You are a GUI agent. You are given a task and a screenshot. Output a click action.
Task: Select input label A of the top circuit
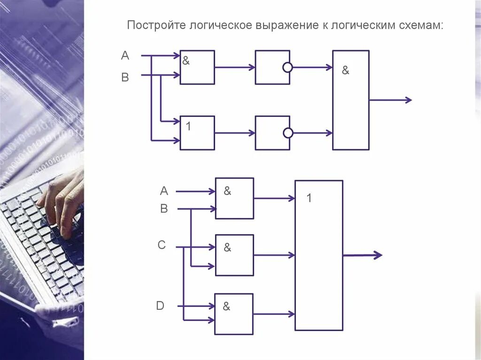(x=125, y=56)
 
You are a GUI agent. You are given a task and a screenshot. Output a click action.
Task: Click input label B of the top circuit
(x=125, y=77)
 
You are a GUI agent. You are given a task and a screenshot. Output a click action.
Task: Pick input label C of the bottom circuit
(x=162, y=245)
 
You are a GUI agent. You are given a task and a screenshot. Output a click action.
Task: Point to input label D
(x=160, y=306)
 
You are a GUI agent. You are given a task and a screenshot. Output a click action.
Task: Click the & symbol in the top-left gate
(x=186, y=61)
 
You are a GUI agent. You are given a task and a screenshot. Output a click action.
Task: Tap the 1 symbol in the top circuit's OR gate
(x=188, y=126)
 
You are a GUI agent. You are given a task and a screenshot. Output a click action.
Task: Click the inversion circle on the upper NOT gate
(x=287, y=68)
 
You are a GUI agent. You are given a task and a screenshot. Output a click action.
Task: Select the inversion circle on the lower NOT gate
(x=288, y=133)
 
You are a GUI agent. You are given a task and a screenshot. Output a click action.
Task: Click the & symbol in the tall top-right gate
(x=346, y=71)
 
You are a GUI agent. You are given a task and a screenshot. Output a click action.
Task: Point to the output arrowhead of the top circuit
(x=408, y=100)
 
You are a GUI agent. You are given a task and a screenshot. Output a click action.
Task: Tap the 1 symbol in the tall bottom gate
(x=309, y=198)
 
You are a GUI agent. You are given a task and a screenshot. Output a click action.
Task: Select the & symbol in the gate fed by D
(x=226, y=306)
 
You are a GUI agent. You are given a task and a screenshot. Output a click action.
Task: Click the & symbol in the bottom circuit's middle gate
(x=227, y=247)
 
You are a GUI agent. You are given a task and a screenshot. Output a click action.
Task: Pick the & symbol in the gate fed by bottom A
(x=227, y=191)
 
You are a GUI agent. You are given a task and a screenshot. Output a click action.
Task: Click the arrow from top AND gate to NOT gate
(x=235, y=68)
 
